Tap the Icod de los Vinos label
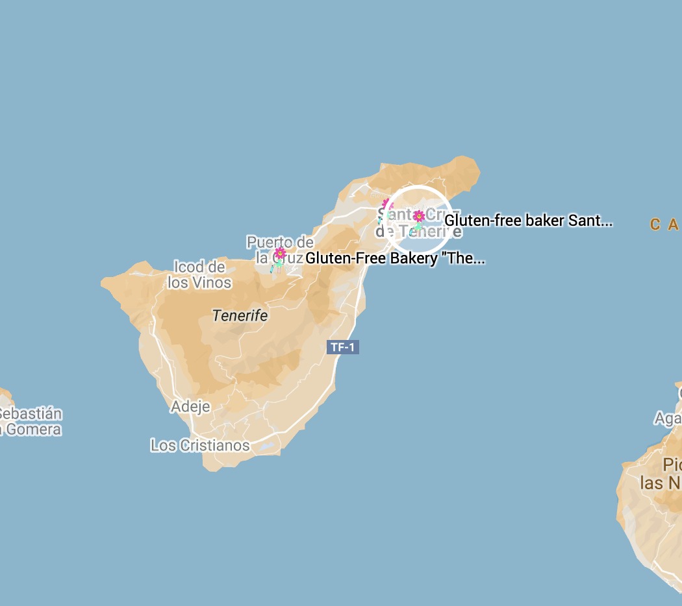coord(199,274)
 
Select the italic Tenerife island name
coord(240,316)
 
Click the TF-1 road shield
coord(342,347)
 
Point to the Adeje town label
coord(190,407)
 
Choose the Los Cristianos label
coord(200,445)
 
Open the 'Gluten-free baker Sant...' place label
coord(528,221)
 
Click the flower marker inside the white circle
coord(419,217)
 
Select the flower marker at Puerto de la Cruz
coord(280,253)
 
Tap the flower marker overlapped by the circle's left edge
coord(387,205)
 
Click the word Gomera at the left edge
coord(32,430)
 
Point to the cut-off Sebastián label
coord(31,413)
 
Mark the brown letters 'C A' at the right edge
coord(664,224)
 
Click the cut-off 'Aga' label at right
coord(668,418)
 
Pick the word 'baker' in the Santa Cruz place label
coord(544,221)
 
